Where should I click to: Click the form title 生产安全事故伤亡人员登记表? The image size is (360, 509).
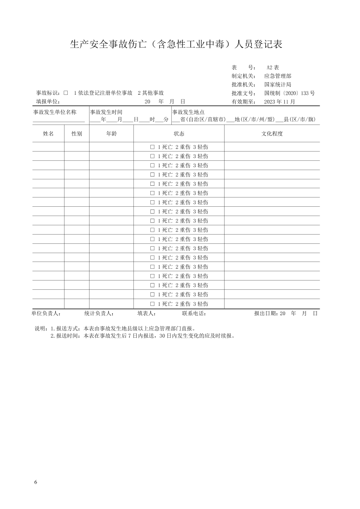(176, 44)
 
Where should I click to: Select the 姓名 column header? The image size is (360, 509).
(48, 134)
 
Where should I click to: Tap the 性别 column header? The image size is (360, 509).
(77, 134)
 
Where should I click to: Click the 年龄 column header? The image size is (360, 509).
(111, 134)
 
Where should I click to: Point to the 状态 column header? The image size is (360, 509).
(179, 134)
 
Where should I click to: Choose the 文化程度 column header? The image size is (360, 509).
(272, 134)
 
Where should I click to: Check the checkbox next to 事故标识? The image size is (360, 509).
(66, 93)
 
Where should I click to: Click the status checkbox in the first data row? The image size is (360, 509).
(152, 147)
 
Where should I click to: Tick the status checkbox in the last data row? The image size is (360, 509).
(152, 304)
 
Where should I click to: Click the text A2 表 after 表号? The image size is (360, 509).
(273, 67)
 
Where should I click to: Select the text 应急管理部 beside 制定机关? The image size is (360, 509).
(278, 76)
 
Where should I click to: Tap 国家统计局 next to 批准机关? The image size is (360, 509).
(278, 85)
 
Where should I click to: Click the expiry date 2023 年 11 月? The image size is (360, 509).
(279, 102)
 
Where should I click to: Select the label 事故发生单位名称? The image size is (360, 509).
(55, 112)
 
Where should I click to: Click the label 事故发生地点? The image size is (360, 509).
(188, 112)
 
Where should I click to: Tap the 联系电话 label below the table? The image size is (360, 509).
(194, 313)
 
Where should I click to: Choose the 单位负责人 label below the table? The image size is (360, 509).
(46, 313)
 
